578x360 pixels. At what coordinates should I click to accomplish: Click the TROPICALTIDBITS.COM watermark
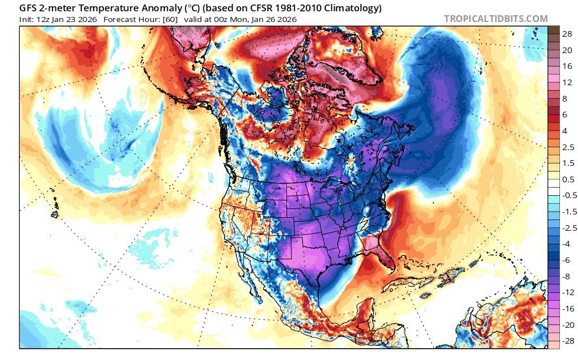tap(496, 19)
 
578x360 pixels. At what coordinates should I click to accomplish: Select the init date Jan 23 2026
tap(76, 19)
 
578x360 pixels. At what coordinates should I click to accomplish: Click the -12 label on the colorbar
tap(567, 292)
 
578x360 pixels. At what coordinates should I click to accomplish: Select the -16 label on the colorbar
tap(567, 309)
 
